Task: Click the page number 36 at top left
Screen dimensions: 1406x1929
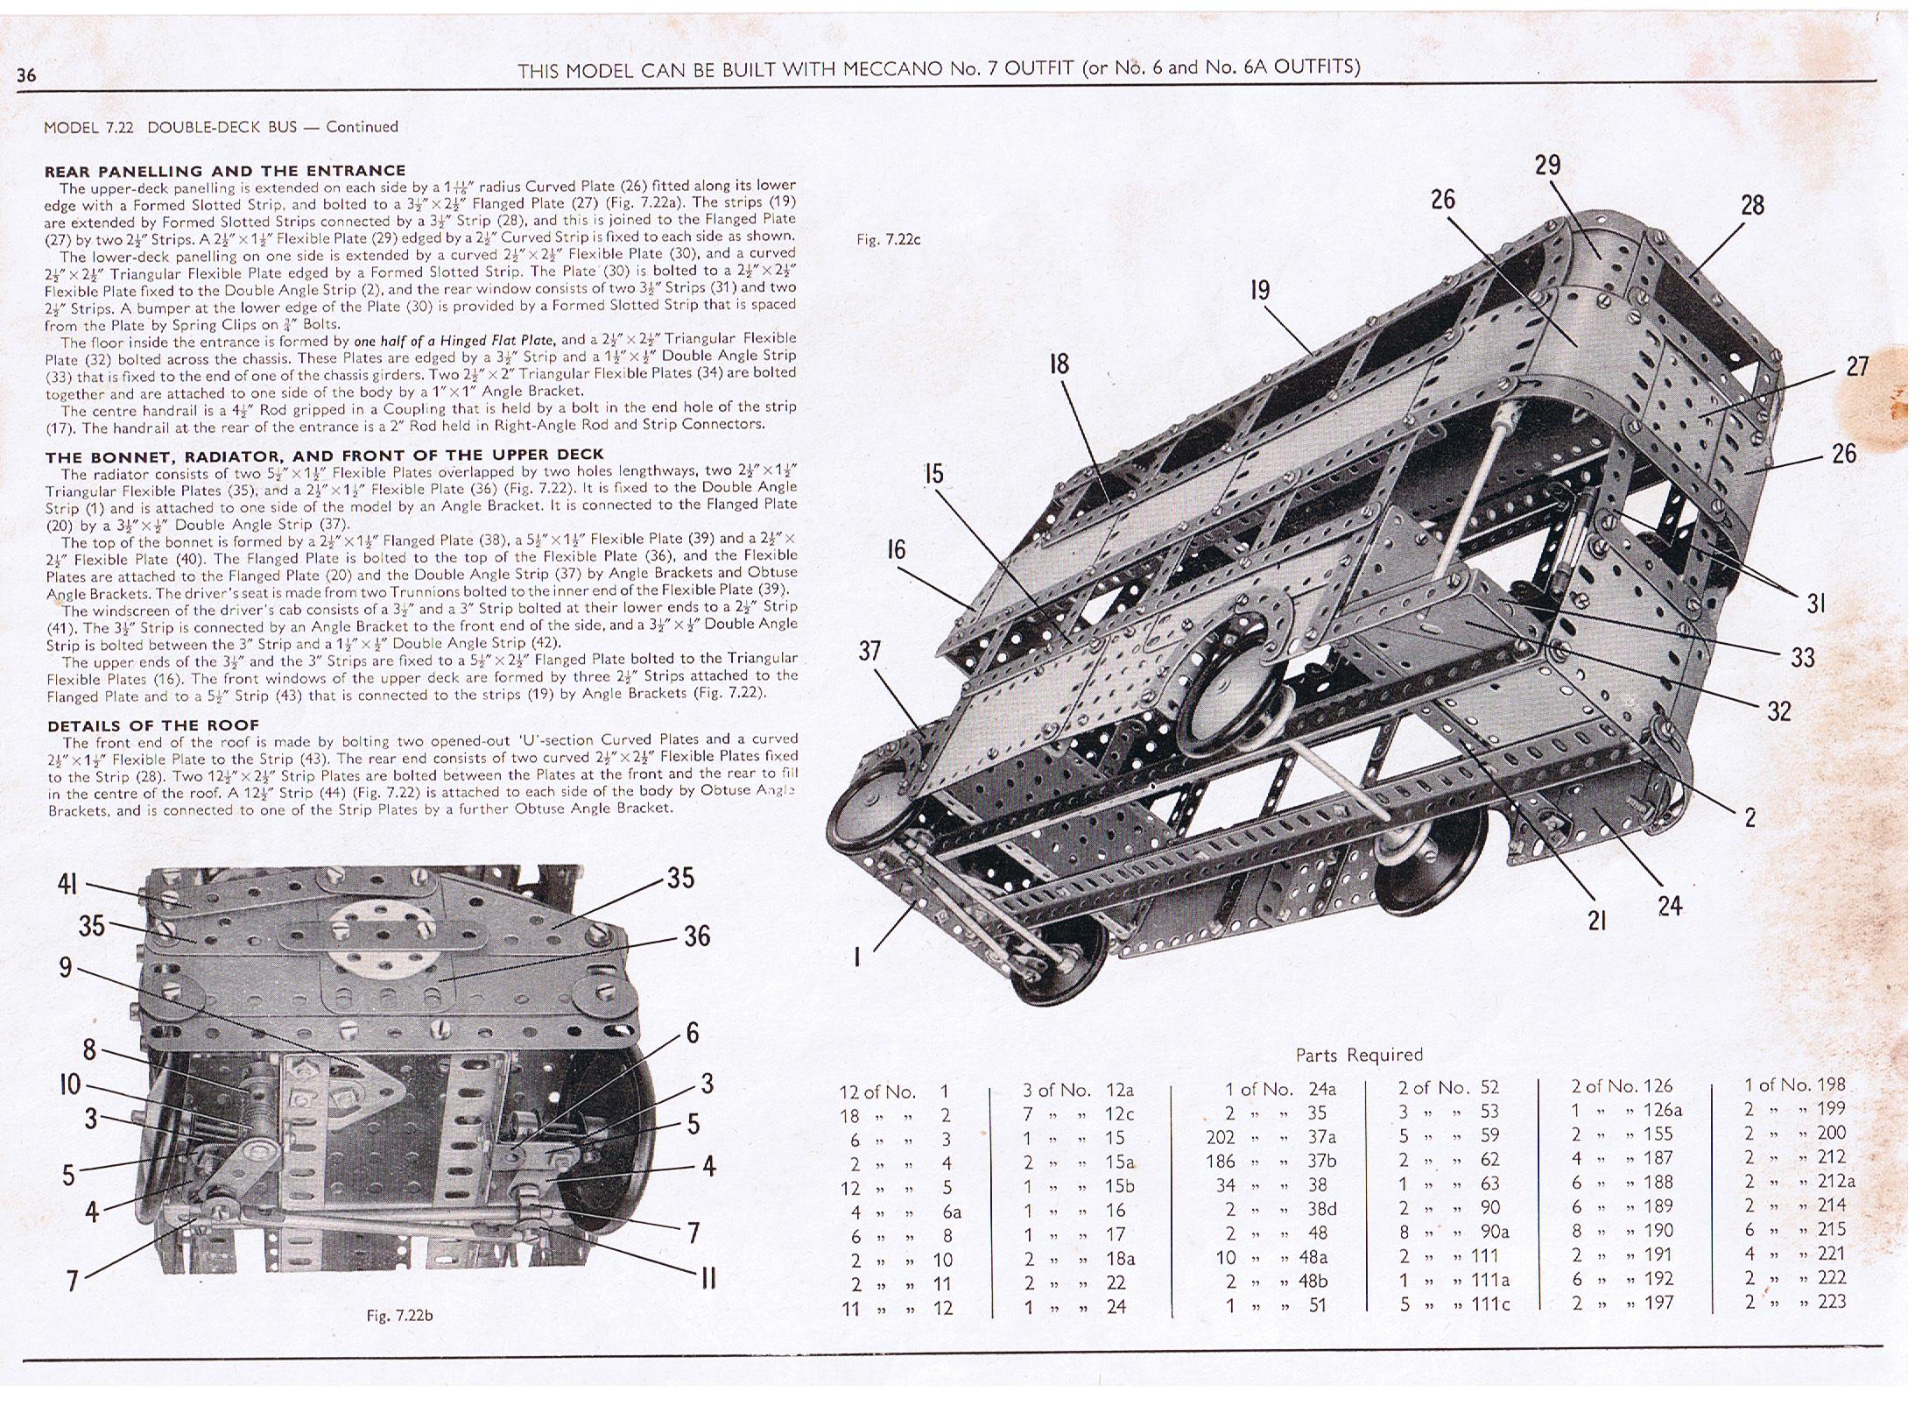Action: pos(26,75)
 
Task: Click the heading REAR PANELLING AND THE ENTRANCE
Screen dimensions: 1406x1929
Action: pos(225,170)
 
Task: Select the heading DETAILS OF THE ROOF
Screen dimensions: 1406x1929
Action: pos(153,724)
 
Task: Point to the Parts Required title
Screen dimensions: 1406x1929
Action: pos(1359,1055)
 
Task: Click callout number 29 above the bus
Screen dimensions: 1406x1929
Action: pos(1547,165)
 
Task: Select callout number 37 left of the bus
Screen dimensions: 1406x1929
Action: pos(869,651)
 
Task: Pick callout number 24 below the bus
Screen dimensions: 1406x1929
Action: pos(1670,905)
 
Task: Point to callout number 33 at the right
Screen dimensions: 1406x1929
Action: pos(1802,657)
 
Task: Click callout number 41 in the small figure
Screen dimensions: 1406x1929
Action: pos(67,884)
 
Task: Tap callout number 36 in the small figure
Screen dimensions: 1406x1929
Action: pos(696,936)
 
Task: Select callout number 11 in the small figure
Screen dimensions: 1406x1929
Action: pos(708,1278)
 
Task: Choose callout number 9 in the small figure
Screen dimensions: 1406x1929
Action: pos(66,967)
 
